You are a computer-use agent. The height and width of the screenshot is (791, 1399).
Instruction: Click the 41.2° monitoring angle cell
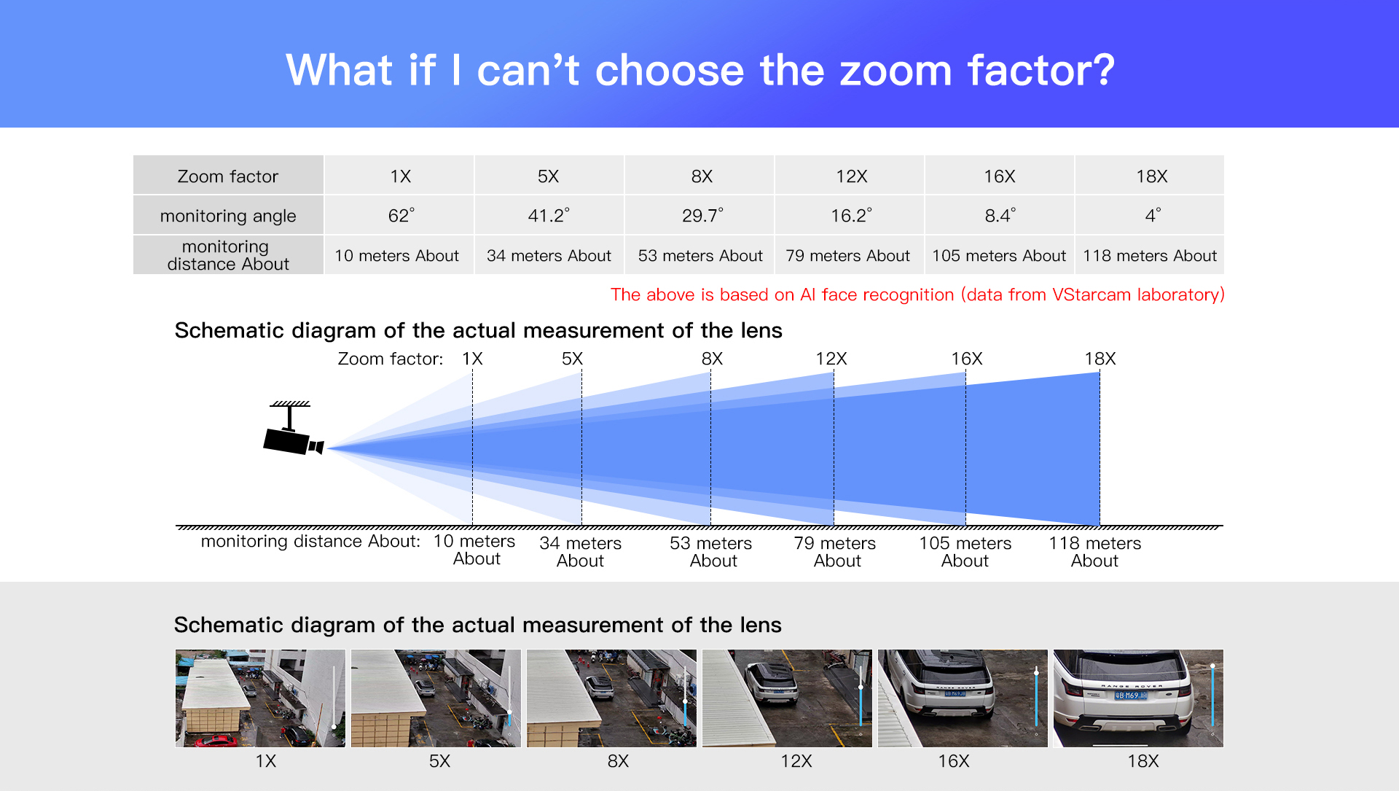tap(549, 215)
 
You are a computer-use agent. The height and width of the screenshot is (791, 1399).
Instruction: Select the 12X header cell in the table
tap(851, 176)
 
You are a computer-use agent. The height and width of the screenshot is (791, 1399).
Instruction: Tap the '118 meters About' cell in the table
tap(1150, 255)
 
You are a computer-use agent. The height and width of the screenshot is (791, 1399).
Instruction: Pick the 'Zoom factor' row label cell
tap(228, 176)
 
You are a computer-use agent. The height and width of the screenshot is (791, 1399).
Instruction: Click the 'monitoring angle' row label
tap(228, 215)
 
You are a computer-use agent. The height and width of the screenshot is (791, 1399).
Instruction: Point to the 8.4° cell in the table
tap(1000, 215)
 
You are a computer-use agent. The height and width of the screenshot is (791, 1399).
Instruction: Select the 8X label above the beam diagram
tap(712, 359)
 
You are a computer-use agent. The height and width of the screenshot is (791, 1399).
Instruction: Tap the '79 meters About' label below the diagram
tap(835, 552)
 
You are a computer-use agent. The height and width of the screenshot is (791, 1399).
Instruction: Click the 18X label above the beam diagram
tap(1100, 359)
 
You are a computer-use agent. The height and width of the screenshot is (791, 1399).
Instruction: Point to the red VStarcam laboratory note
tap(917, 295)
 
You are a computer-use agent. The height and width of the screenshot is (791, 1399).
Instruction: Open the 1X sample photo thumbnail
tap(260, 698)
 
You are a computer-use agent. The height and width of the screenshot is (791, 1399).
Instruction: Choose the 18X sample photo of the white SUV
tap(1138, 698)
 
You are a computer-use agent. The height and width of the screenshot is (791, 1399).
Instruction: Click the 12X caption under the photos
tap(796, 761)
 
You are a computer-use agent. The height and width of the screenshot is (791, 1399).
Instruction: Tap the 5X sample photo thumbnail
tap(436, 698)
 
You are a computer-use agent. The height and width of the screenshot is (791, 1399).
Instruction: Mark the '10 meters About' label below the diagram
tap(474, 550)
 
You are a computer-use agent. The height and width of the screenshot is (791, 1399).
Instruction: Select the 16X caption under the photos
tap(953, 761)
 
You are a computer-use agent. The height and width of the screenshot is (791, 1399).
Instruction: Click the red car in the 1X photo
tap(215, 741)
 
